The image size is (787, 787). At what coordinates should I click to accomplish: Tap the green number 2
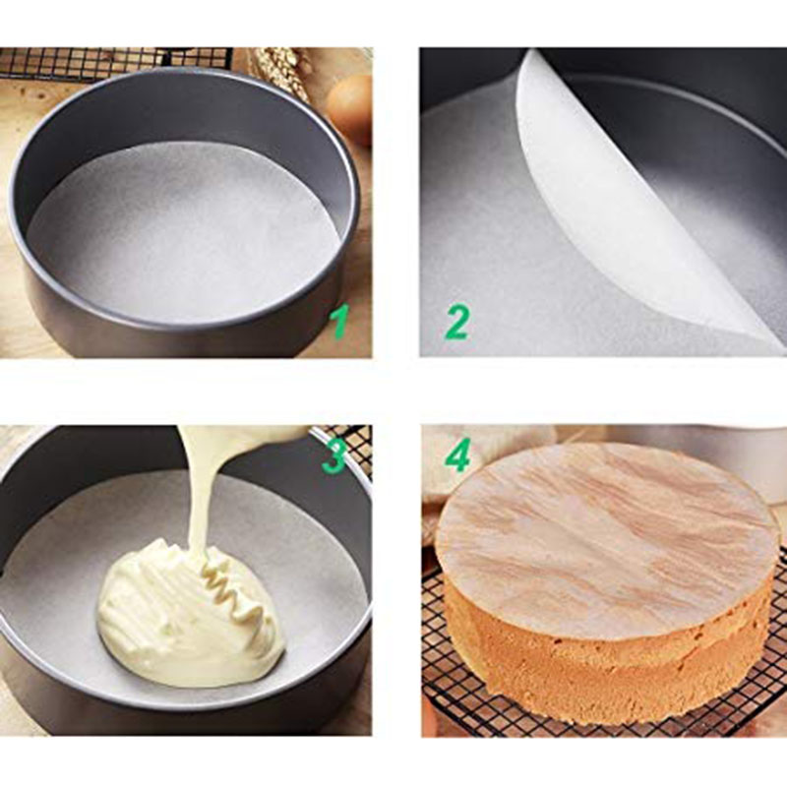pos(456,324)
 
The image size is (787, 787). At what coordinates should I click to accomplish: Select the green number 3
pos(333,455)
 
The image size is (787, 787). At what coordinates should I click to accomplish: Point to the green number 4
pos(457,454)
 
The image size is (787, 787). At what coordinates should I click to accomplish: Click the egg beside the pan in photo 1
pos(349,108)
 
